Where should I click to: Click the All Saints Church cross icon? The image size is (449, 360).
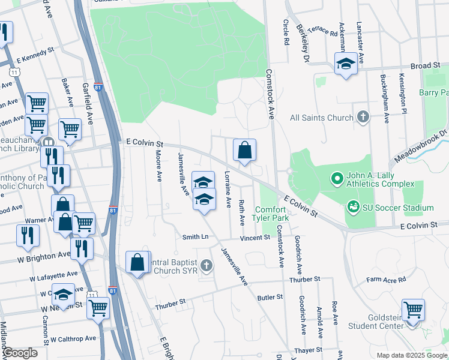363,118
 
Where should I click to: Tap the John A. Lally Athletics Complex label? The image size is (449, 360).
379,179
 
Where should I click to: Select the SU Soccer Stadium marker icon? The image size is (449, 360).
353,208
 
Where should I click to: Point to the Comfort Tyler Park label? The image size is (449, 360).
271,214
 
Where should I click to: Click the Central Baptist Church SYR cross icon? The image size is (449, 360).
206,265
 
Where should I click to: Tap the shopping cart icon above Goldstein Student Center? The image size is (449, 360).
413,310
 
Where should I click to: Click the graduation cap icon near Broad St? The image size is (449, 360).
346,64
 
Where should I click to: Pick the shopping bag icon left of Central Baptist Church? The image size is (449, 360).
137,262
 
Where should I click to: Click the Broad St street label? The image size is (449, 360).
425,66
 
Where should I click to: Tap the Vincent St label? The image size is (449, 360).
255,238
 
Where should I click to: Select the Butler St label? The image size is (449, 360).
270,297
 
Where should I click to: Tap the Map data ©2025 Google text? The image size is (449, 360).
411,355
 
